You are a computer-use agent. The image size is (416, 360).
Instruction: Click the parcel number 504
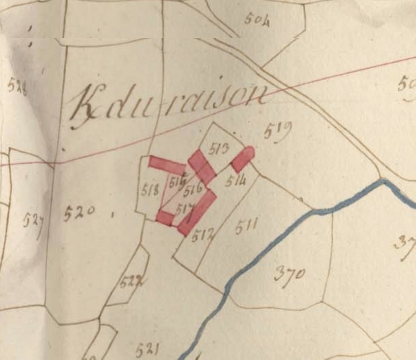click(258, 19)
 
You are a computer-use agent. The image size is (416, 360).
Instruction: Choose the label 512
click(202, 234)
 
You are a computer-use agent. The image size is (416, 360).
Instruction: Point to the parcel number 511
click(247, 226)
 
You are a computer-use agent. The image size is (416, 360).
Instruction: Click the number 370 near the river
click(290, 275)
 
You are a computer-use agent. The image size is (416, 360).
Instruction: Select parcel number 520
click(79, 212)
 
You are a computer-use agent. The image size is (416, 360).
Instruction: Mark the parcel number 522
click(131, 283)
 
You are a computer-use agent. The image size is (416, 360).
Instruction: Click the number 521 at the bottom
click(148, 349)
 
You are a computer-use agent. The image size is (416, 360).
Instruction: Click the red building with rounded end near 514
click(242, 159)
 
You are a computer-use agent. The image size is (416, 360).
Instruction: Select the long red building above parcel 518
click(167, 165)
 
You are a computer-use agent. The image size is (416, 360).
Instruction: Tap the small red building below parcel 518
click(164, 218)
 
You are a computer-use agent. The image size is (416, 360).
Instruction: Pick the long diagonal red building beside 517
click(197, 212)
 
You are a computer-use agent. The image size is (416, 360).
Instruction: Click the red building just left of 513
click(202, 167)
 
